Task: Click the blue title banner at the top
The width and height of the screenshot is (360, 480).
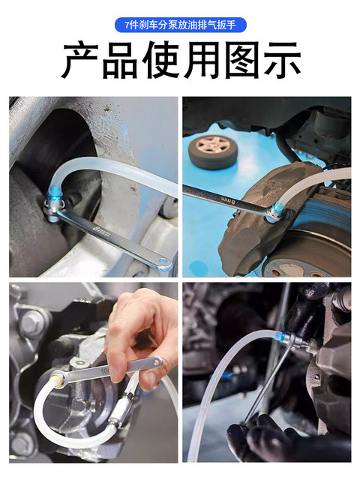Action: click(180, 25)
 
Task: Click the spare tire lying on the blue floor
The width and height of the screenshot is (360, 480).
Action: click(214, 151)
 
